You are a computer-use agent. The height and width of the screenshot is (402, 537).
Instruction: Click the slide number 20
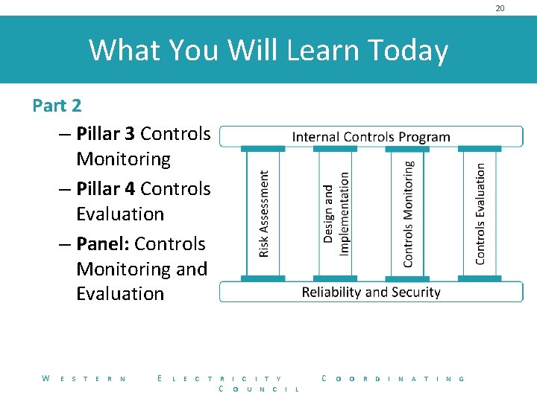click(500, 8)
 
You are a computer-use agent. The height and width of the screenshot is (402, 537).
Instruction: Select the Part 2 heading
click(57, 106)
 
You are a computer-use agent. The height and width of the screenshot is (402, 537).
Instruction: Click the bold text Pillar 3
click(105, 134)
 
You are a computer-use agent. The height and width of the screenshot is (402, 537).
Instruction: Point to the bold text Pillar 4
click(105, 189)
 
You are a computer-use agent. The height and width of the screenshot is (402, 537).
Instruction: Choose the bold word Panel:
click(103, 244)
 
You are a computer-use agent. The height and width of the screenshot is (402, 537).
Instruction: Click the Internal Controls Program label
click(371, 137)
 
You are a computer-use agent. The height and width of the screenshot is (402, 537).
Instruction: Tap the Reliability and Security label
click(371, 292)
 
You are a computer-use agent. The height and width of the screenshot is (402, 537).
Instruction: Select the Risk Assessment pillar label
click(263, 214)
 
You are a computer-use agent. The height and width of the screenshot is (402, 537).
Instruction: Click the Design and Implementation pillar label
click(336, 214)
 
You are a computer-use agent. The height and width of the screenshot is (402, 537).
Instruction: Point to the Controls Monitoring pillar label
click(408, 214)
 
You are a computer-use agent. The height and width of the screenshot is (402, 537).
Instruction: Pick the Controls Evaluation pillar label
click(480, 214)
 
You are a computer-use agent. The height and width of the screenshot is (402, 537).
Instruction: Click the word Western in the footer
click(84, 379)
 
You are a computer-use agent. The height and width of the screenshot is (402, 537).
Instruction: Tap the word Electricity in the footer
click(220, 379)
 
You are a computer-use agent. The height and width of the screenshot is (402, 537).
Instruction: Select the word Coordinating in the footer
click(393, 379)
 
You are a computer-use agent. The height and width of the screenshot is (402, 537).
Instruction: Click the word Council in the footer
click(259, 389)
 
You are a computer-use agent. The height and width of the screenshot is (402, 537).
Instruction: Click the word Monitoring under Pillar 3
click(123, 159)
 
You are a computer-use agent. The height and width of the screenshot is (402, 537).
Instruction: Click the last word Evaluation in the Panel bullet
click(120, 294)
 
